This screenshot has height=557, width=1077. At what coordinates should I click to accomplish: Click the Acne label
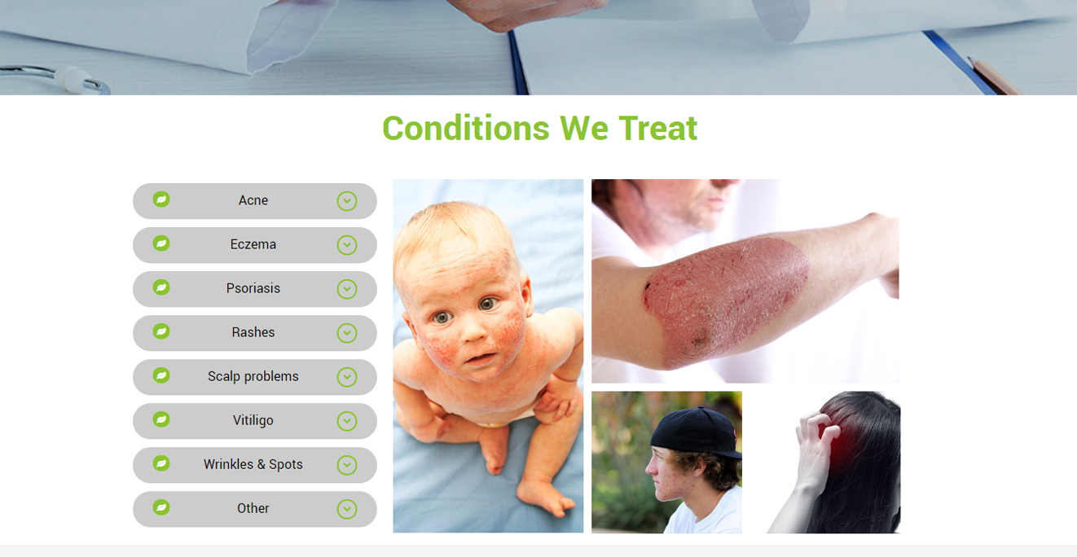[x=253, y=200]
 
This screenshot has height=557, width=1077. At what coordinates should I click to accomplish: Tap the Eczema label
[x=253, y=244]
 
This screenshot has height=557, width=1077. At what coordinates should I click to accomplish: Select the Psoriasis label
[x=253, y=288]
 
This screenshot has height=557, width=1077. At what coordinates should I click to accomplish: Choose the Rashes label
[x=253, y=332]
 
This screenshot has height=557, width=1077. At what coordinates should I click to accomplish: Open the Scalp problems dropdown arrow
[x=347, y=377]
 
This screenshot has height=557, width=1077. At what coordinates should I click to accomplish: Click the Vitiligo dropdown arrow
[x=347, y=421]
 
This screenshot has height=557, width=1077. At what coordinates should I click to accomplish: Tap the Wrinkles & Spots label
[x=253, y=465]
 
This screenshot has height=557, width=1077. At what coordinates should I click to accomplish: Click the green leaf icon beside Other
[x=161, y=507]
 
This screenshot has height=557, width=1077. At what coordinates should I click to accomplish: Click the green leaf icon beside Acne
[x=161, y=200]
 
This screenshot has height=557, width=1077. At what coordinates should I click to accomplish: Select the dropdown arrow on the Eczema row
[x=347, y=245]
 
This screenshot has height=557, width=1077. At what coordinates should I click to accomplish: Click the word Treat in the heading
[x=657, y=129]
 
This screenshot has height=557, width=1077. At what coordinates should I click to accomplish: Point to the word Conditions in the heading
[x=466, y=129]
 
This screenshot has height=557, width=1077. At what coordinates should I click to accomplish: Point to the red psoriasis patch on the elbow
[x=726, y=302]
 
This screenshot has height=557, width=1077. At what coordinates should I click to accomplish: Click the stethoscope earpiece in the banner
[x=73, y=79]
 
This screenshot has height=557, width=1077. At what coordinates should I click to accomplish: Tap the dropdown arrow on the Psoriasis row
[x=347, y=289]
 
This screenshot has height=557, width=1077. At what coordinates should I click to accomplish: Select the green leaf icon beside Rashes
[x=161, y=331]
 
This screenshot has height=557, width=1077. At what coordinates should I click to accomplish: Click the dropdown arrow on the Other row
[x=347, y=510]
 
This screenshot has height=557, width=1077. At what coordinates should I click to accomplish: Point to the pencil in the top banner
[x=993, y=76]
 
